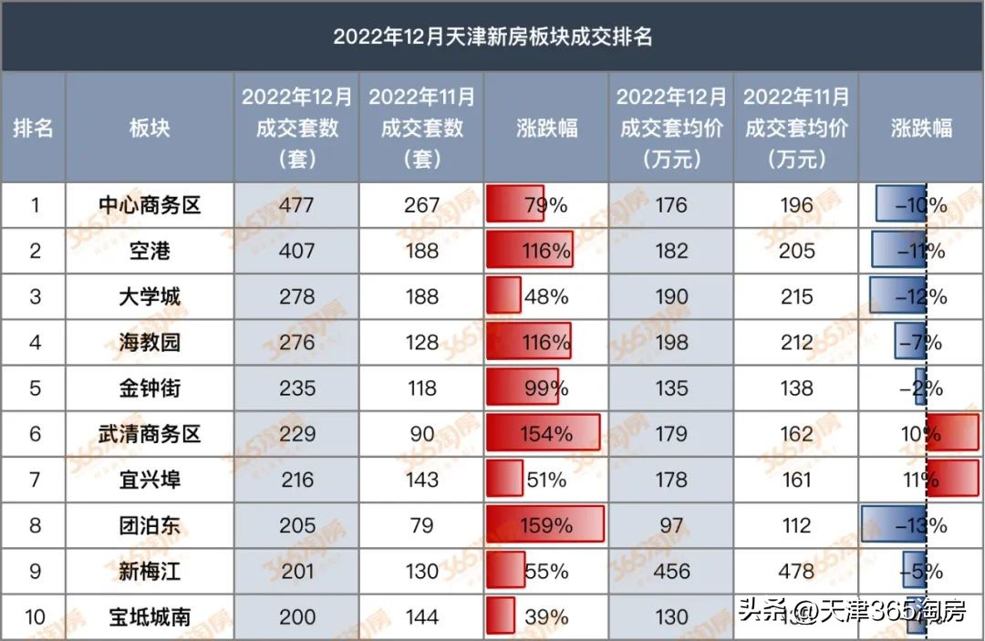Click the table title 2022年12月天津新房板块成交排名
[x=493, y=36]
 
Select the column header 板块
[x=150, y=128]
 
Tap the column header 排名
[x=33, y=128]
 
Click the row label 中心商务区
[x=150, y=205]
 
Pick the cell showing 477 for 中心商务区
[x=296, y=205]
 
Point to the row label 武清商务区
[x=150, y=434]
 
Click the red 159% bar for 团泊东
[x=545, y=525]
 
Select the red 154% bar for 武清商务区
[x=544, y=434]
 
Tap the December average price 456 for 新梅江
[x=671, y=571]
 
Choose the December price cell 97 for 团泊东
[x=671, y=525]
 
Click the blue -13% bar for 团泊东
[x=894, y=525]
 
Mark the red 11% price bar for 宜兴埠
[x=954, y=480]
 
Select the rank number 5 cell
[x=35, y=388]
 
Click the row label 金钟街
[x=150, y=388]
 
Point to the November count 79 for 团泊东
[x=421, y=525]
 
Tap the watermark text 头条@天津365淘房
[x=851, y=610]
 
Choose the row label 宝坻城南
[x=150, y=617]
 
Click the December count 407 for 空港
[x=296, y=251]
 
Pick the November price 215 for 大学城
[x=796, y=296]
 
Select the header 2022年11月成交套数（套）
[x=421, y=128]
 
